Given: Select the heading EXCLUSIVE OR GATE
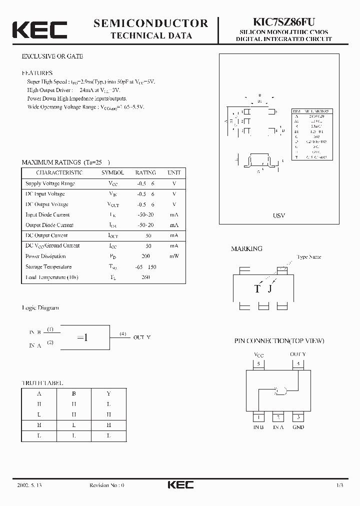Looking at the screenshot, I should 52,56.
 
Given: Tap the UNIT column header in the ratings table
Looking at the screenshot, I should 174,172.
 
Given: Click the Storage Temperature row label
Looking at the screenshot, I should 48,266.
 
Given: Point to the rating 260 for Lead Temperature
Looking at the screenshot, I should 145,277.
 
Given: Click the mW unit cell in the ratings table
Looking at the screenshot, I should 174,256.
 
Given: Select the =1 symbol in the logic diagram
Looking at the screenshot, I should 83,337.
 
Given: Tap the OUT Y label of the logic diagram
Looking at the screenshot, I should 141,337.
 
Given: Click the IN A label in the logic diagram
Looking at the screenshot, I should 35,345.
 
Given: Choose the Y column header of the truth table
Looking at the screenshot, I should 108,393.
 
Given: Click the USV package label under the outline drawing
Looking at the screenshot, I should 278,215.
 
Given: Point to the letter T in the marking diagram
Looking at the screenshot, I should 257,289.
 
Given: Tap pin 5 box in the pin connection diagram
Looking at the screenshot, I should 258,364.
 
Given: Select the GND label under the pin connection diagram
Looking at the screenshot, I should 298,427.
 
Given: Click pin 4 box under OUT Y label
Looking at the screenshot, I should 298,364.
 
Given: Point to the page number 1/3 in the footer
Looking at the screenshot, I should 339,485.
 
